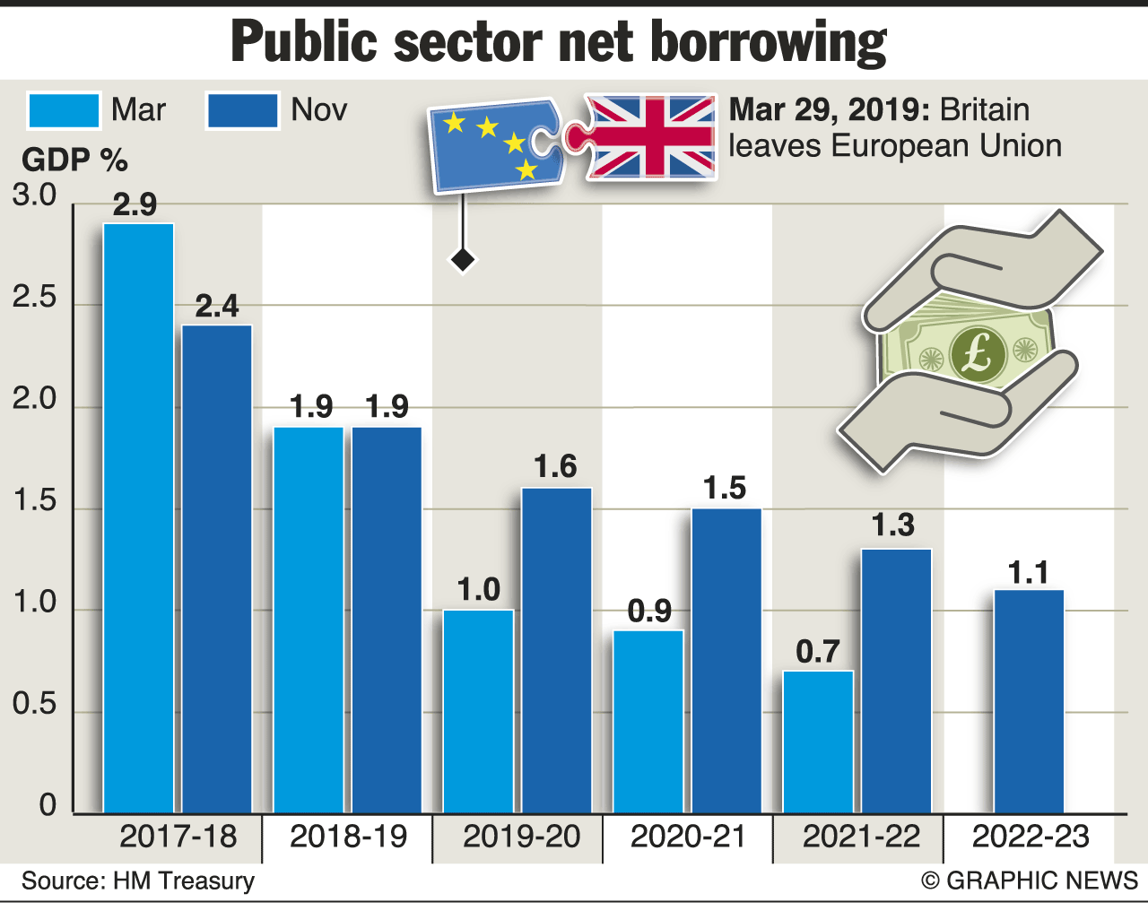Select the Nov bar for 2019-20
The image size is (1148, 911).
556,650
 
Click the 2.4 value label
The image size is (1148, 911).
217,307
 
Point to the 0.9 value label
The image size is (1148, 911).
649,612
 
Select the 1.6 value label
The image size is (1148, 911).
555,467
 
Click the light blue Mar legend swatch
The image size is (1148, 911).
64,111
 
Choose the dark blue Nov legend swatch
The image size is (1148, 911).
242,111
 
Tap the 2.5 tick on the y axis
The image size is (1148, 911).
34,298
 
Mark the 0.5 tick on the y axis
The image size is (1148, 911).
34,705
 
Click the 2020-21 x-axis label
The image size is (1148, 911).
688,837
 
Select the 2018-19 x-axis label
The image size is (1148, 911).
348,837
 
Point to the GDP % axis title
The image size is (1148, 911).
74,161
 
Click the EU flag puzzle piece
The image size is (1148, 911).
493,145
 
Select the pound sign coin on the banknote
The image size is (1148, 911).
977,354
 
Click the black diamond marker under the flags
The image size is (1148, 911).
463,260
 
